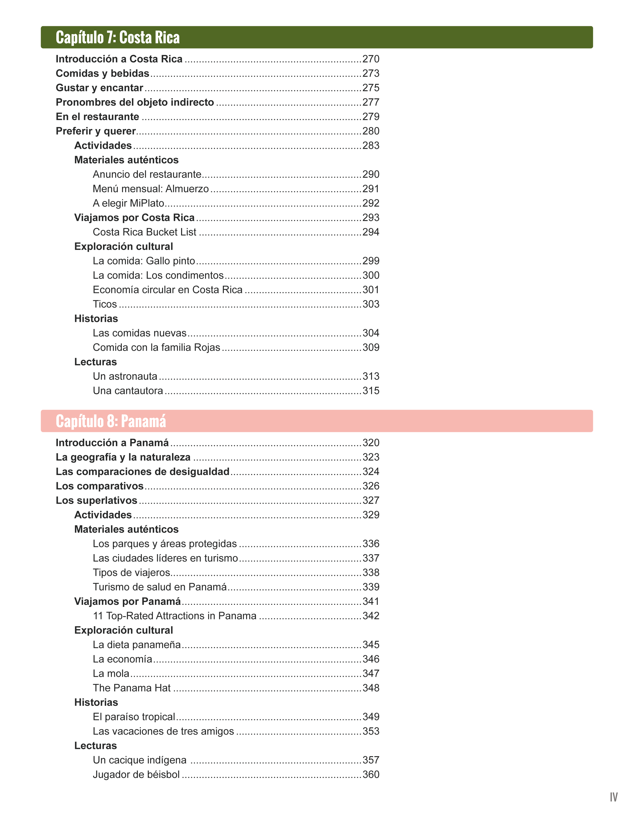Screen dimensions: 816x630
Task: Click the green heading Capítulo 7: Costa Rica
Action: click(118, 37)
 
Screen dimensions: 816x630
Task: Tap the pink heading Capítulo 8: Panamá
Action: click(111, 421)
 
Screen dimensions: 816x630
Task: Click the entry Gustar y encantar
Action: click(99, 88)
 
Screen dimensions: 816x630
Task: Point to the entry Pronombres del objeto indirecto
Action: click(135, 102)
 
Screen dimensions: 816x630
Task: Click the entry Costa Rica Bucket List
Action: click(145, 232)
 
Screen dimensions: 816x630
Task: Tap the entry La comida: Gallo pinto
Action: click(144, 261)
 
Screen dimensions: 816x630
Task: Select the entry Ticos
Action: click(105, 304)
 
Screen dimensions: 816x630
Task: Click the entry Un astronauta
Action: click(125, 376)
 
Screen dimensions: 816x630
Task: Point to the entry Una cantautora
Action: click(128, 391)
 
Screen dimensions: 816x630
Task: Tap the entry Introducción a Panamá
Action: click(112, 443)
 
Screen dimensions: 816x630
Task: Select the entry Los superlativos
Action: click(96, 500)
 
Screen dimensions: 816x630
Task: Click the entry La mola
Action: click(111, 673)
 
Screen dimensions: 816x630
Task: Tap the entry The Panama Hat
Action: click(132, 688)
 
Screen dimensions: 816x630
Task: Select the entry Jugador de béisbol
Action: click(136, 774)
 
